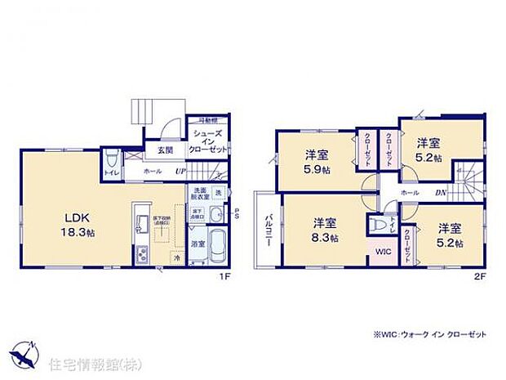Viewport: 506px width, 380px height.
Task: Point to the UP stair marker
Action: (182, 172)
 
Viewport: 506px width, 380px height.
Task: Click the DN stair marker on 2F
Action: (440, 192)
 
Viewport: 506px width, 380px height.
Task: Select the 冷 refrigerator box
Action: (175, 257)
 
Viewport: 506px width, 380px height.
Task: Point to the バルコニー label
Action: (268, 229)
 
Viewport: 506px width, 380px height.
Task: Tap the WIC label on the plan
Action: (384, 252)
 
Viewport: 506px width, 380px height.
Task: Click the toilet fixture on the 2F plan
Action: (376, 222)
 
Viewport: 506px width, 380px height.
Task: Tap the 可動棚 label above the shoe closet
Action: (202, 122)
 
